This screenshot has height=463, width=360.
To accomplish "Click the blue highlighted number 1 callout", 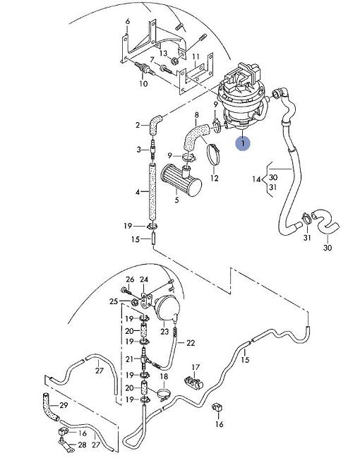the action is [x=243, y=144].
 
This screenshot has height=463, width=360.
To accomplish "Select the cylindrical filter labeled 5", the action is [x=181, y=181].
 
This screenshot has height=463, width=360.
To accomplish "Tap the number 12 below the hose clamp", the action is [x=215, y=178].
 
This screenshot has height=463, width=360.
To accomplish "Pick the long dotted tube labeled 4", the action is [x=152, y=192].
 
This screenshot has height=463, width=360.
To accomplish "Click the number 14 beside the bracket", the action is [x=256, y=179].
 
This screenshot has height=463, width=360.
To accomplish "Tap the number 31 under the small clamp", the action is [x=307, y=237].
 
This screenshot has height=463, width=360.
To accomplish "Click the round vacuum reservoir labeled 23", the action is [x=168, y=308].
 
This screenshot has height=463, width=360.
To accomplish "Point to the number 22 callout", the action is [x=191, y=343].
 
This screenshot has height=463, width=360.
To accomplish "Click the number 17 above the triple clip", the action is [x=196, y=367].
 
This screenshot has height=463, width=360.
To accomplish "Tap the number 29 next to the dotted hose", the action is [x=64, y=405].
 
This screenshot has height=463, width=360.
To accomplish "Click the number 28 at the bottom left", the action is [x=82, y=445].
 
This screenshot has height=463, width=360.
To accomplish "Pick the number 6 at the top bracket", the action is [x=128, y=22].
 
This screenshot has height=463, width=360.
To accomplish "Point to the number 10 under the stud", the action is [x=143, y=83].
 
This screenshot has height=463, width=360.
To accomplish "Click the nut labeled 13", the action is [x=174, y=61].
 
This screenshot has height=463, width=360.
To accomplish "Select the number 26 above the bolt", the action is [x=130, y=279].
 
